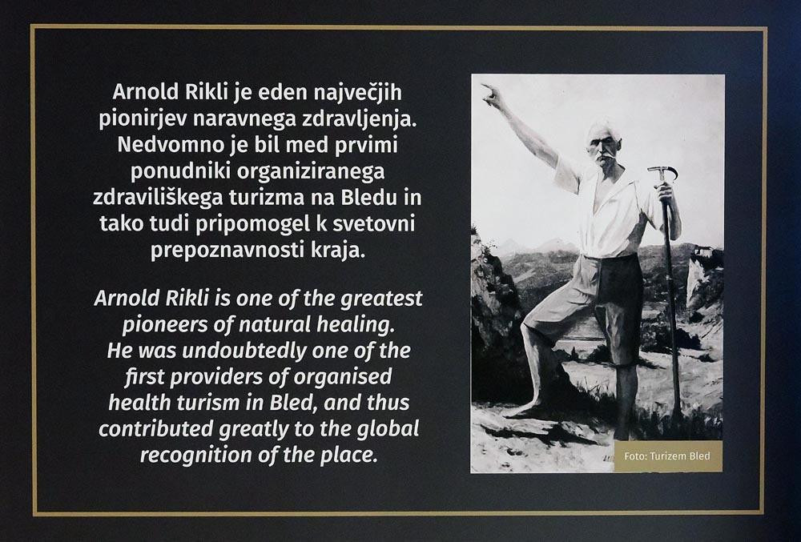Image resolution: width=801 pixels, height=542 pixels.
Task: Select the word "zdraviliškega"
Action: [x=157, y=198]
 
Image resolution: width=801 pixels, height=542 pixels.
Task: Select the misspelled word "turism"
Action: [x=208, y=403]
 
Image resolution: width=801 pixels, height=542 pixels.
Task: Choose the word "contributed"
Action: [x=156, y=429]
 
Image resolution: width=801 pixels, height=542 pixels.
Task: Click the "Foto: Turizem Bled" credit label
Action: [x=667, y=456]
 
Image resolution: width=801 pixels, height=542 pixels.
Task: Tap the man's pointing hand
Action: [x=493, y=95]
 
